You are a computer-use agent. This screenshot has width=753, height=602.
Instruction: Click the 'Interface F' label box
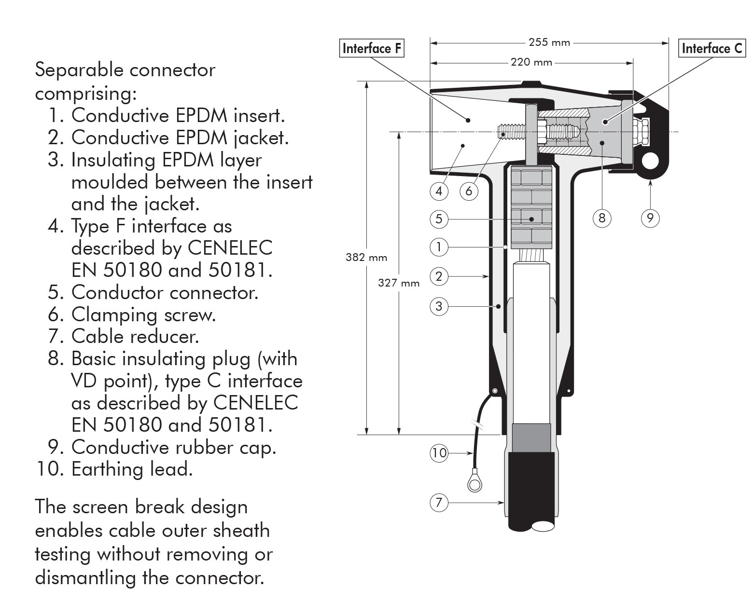pos(371,48)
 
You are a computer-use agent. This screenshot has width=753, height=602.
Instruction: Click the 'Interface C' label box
pos(712,48)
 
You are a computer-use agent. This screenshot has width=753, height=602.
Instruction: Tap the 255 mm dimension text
pos(549,42)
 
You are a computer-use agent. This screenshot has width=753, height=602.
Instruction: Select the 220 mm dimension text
pos(531,62)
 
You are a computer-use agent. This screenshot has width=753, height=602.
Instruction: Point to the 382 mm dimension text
pos(366,257)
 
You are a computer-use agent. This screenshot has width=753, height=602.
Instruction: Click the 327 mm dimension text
pos(399,283)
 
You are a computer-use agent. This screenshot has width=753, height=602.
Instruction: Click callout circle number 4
pos(439,192)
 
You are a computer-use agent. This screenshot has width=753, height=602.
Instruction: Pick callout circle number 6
pos(469,192)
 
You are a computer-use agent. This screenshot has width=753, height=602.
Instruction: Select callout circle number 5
pos(439,219)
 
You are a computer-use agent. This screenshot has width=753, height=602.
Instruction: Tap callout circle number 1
pos(439,247)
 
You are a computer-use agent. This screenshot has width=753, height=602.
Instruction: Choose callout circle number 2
pos(439,276)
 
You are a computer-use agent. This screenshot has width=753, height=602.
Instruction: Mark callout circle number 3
pos(439,306)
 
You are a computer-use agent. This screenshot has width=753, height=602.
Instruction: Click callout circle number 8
pos(601,218)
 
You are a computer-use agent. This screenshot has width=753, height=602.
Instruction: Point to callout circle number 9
pos(650,218)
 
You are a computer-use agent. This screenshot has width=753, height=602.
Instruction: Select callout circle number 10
pos(439,453)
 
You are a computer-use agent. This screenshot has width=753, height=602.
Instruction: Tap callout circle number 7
pos(439,503)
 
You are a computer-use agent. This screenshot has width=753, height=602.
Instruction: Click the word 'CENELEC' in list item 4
pos(230,248)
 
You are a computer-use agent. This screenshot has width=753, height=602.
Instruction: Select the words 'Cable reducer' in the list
pos(135,336)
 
